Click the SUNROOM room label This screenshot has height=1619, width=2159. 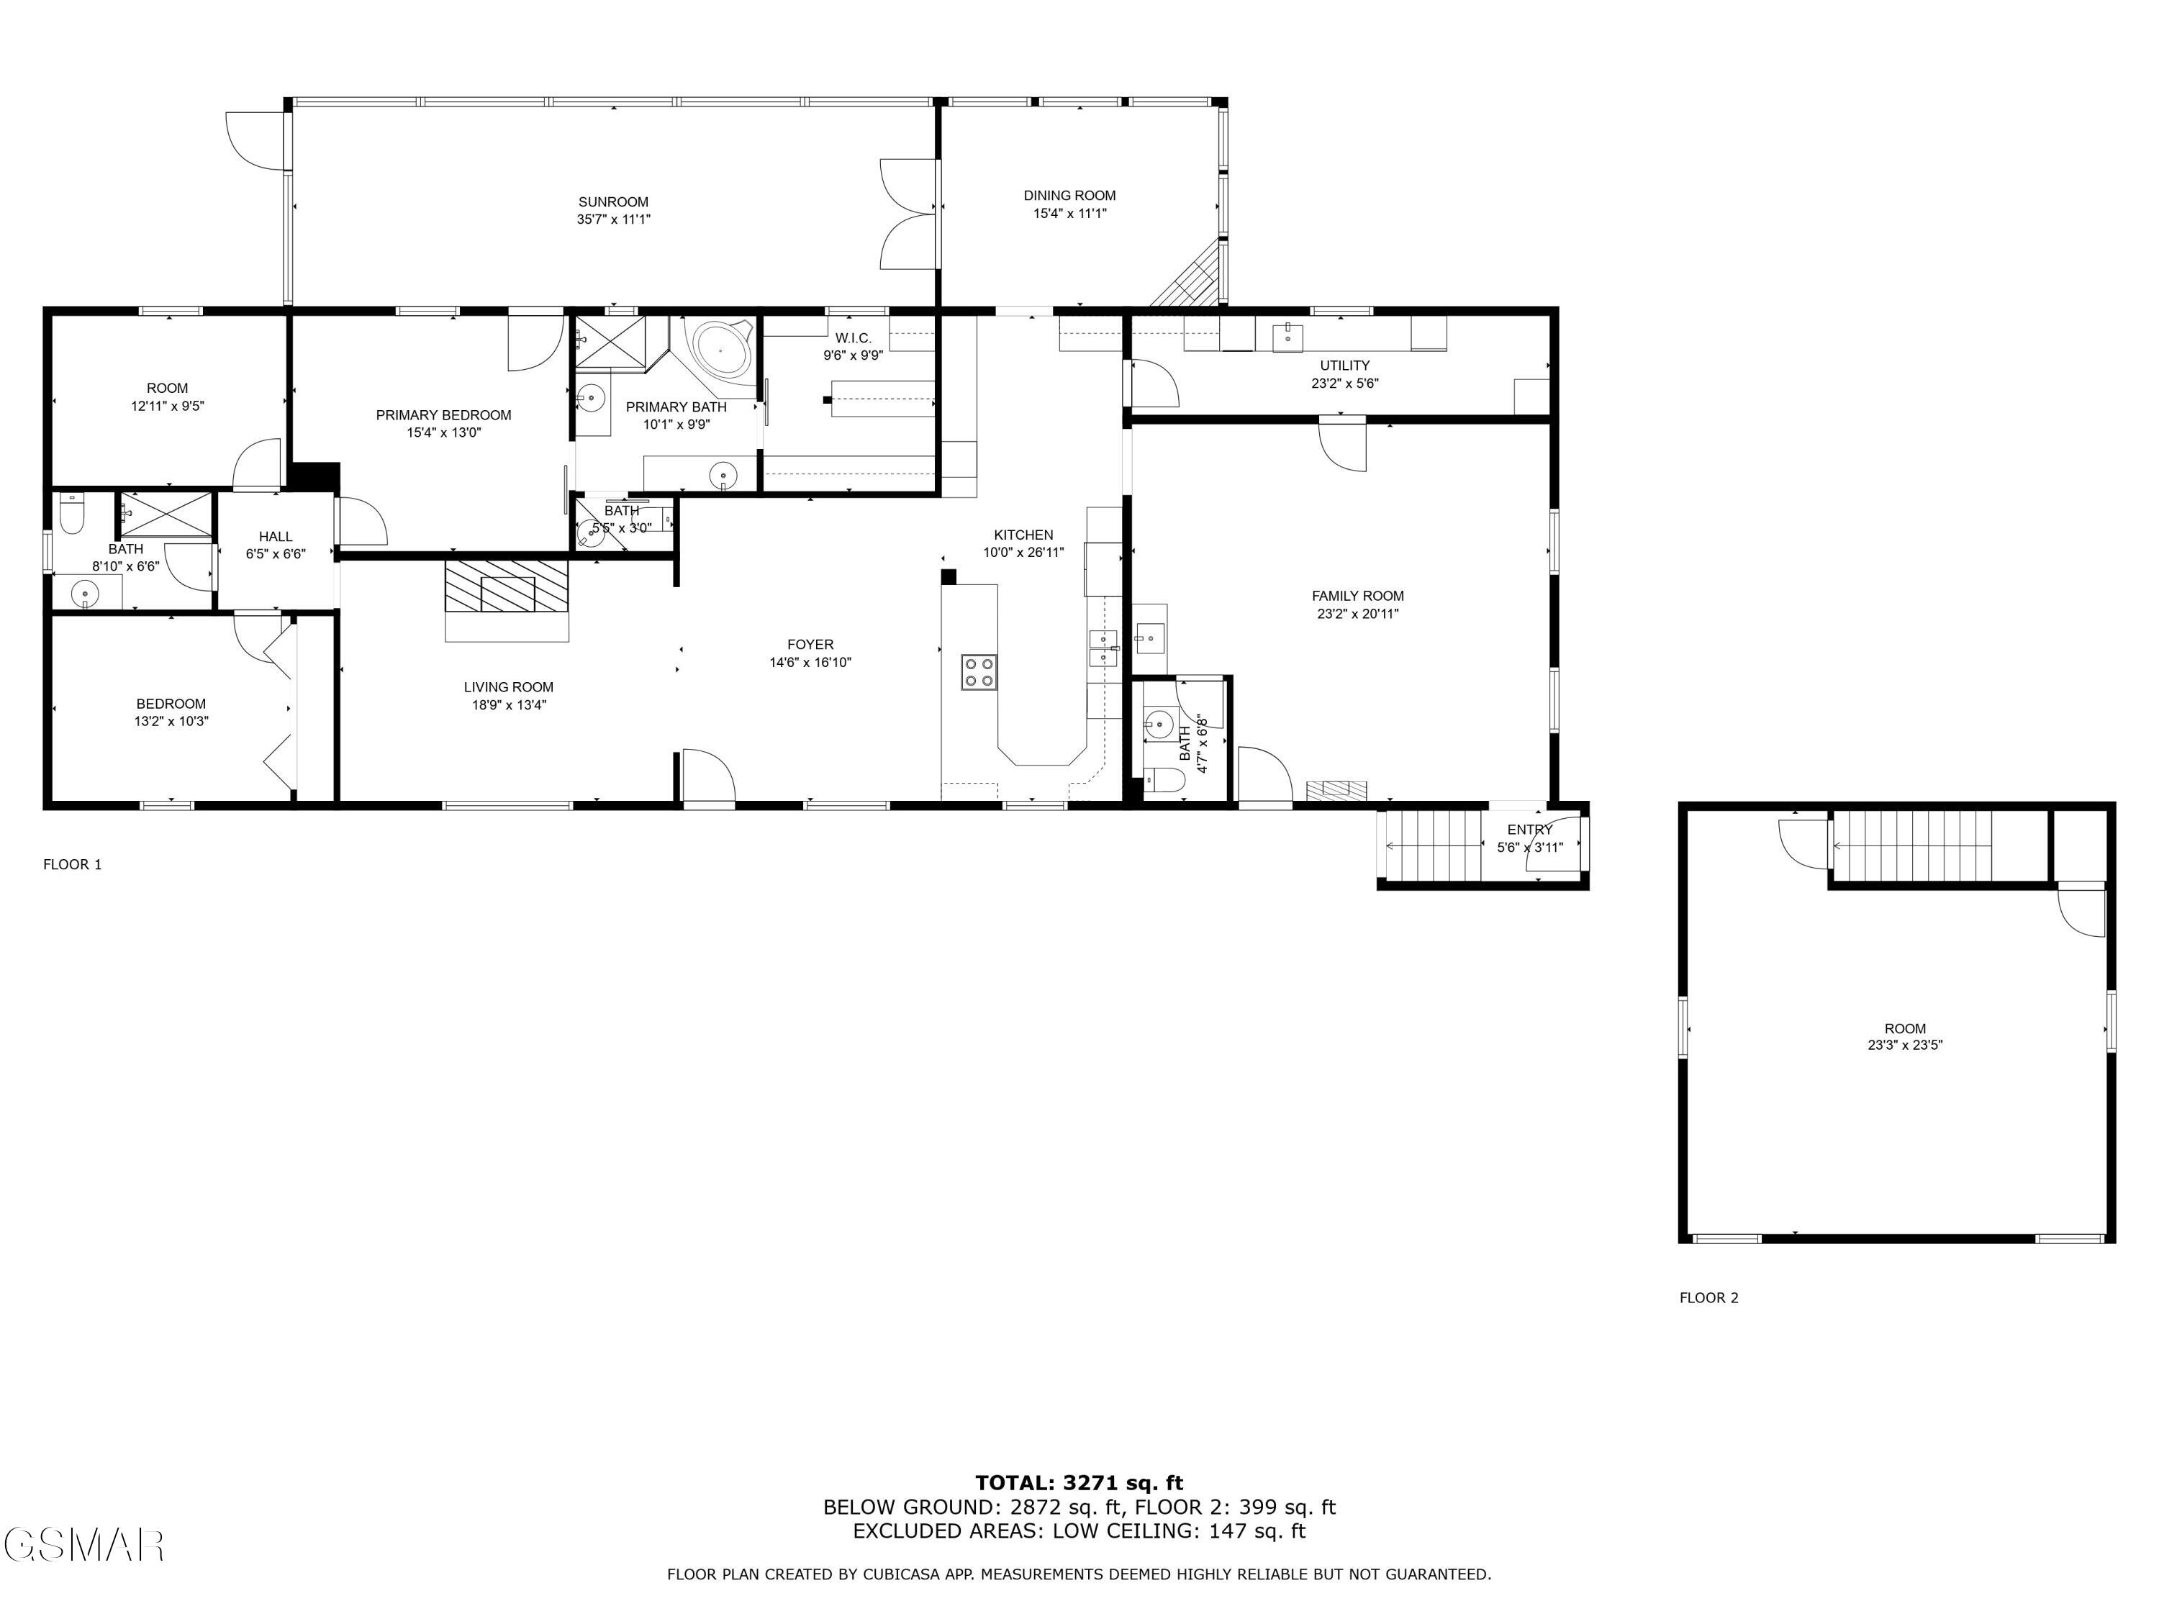[x=613, y=202]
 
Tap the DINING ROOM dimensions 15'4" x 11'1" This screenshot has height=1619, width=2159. [x=1069, y=214]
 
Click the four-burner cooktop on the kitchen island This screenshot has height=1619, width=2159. [x=979, y=672]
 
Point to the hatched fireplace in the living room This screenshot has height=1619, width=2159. [x=507, y=586]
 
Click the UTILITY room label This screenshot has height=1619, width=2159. [x=1344, y=365]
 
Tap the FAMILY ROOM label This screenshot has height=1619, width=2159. [x=1357, y=595]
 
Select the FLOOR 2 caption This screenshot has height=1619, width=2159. [x=1708, y=1297]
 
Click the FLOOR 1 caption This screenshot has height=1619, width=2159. [x=72, y=863]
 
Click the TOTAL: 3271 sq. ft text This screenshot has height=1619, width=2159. [x=1079, y=1483]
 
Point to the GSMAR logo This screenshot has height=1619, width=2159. [x=83, y=1545]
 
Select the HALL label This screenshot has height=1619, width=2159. [x=275, y=536]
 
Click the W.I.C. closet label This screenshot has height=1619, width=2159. [x=852, y=337]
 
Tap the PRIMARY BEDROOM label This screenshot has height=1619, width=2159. [x=443, y=414]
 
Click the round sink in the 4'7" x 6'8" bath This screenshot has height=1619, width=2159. [x=1159, y=724]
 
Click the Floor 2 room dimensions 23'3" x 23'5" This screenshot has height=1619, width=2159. [x=1904, y=1044]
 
